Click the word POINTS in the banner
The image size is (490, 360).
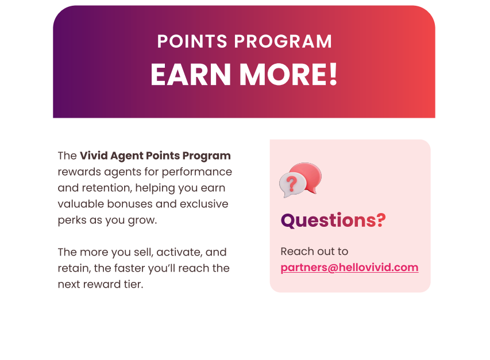192,41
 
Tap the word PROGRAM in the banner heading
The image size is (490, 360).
283,41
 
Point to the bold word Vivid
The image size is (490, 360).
94,156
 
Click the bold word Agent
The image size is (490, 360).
126,156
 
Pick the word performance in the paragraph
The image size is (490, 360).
197,172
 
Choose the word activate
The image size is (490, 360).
179,252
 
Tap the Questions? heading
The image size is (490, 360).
333,220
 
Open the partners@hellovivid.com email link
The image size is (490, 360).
349,268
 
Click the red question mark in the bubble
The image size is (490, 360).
292,184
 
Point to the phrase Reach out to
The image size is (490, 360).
314,251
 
